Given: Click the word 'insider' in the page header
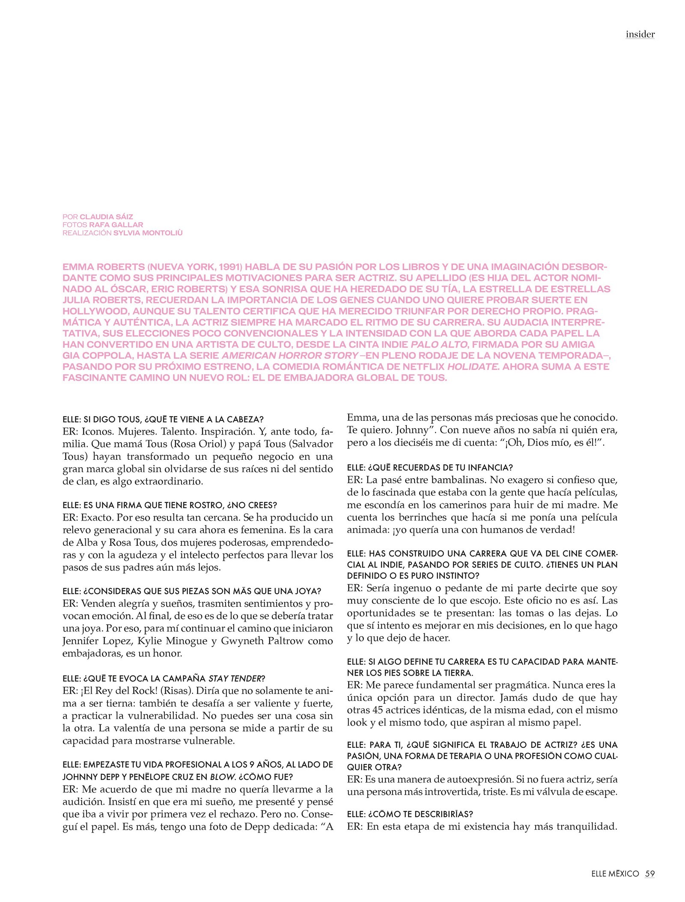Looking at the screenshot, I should pos(640,34).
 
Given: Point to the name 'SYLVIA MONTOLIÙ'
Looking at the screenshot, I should pos(148,233).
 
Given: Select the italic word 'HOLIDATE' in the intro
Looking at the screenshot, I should pos(473,367).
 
